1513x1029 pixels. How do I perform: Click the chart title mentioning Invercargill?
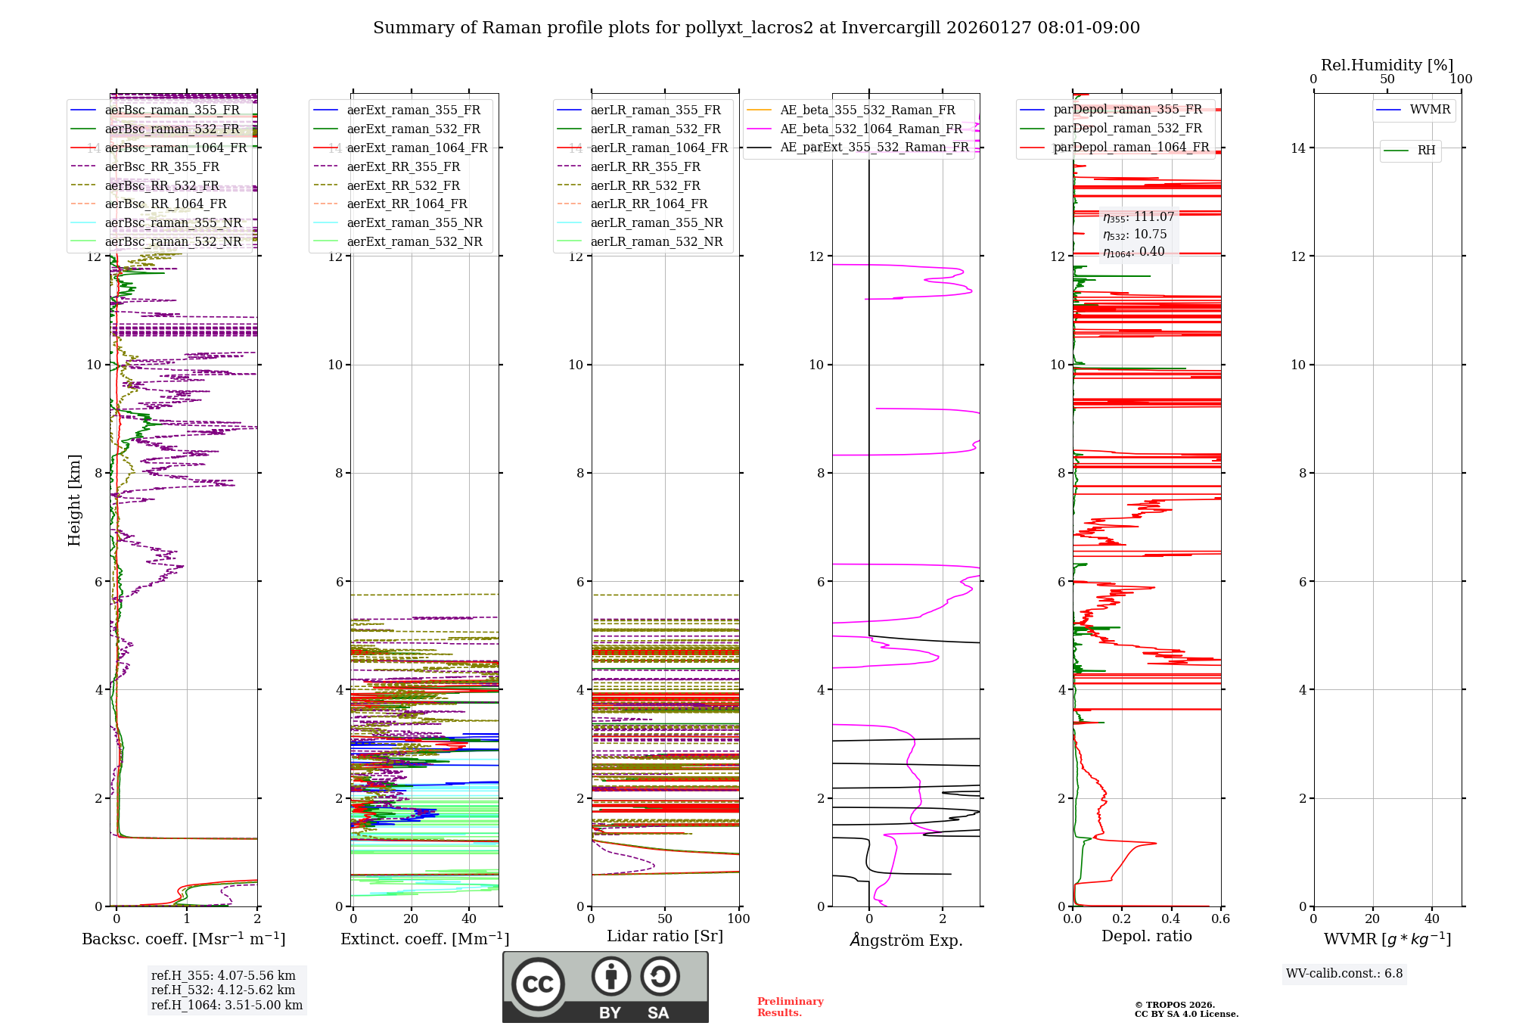point(756,28)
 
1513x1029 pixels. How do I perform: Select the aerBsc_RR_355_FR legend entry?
point(162,166)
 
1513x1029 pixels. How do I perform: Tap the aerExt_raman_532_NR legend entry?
point(414,241)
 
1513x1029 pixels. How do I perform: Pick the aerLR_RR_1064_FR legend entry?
point(648,204)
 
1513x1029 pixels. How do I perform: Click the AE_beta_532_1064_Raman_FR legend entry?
point(871,129)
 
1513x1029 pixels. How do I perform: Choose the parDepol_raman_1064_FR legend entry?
point(1131,147)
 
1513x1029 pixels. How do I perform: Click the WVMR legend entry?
point(1430,110)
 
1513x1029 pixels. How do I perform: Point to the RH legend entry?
point(1426,151)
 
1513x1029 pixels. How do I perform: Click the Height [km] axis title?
point(74,500)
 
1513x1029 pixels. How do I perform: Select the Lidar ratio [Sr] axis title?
point(665,936)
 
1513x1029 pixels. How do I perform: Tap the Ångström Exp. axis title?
point(906,940)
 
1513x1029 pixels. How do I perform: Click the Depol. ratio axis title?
point(1146,936)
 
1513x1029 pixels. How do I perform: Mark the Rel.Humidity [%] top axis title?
point(1387,65)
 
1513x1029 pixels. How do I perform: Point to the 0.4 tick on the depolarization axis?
point(1171,919)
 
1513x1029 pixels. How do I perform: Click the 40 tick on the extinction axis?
point(469,919)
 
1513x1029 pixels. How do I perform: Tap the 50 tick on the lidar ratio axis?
point(665,919)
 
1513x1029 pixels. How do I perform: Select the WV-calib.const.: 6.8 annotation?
point(1344,974)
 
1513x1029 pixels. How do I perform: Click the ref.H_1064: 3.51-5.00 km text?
point(227,1006)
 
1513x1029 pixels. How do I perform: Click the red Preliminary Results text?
point(790,1007)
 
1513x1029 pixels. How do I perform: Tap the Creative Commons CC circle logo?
point(538,984)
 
